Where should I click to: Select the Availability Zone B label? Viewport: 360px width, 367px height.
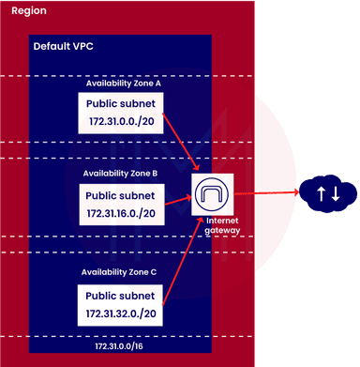pyautogui.click(x=121, y=173)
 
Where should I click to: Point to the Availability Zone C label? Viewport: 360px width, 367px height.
pyautogui.click(x=121, y=272)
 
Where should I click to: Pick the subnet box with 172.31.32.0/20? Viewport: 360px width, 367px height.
pyautogui.click(x=122, y=301)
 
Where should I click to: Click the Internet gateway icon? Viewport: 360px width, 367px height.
pyautogui.click(x=212, y=195)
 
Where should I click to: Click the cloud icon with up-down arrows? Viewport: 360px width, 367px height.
pyautogui.click(x=327, y=194)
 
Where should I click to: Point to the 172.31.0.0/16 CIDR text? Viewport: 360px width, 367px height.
pyautogui.click(x=122, y=346)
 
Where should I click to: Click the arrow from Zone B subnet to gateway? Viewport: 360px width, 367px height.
pyautogui.click(x=178, y=199)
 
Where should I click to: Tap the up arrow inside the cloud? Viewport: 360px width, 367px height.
pyautogui.click(x=321, y=194)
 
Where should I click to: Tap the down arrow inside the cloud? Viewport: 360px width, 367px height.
pyautogui.click(x=335, y=194)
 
